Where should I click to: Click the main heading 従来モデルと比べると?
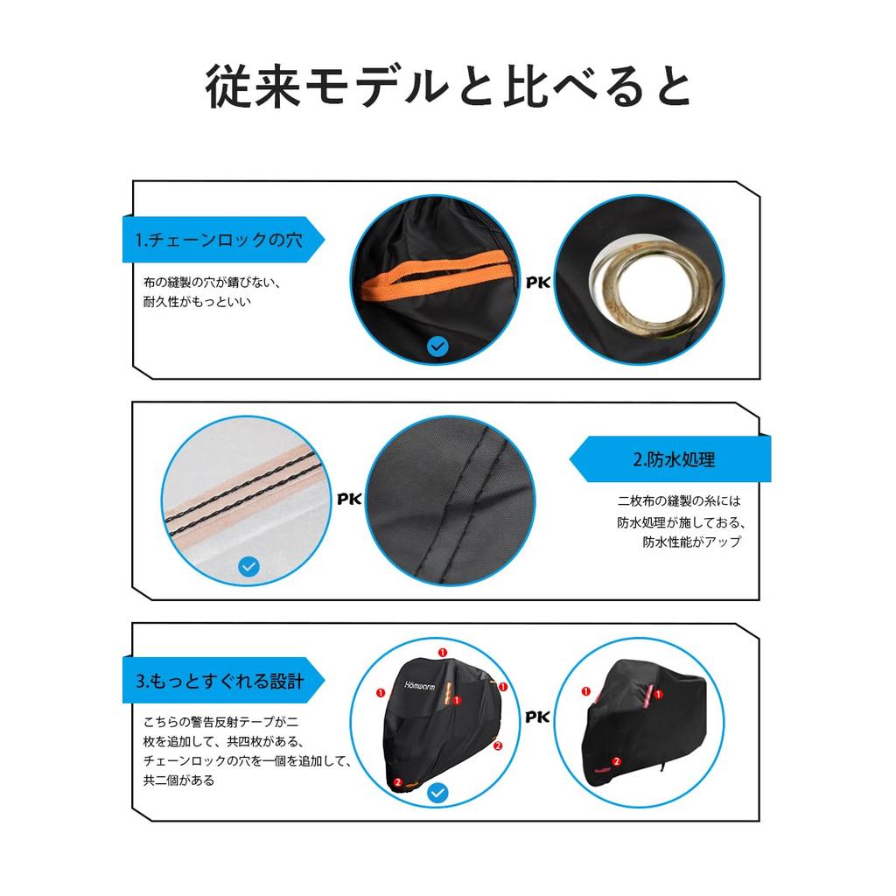point(448,86)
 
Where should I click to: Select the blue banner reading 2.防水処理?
point(674,459)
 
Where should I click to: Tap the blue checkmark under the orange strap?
point(438,346)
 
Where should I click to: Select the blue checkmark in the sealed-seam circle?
point(249,567)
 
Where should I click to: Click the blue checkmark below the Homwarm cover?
point(438,794)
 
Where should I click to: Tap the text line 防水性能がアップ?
point(691,542)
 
